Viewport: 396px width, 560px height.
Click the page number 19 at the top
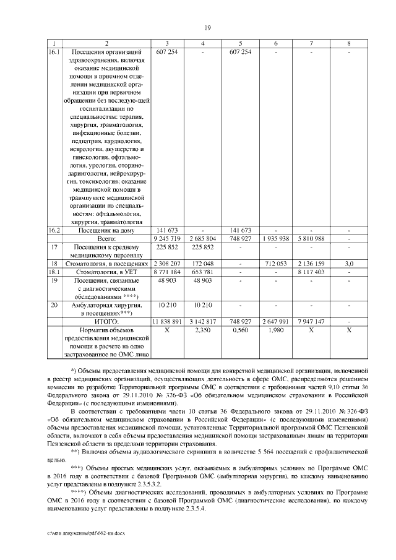208,27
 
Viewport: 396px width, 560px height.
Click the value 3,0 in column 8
349,263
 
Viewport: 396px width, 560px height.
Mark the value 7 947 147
313,322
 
